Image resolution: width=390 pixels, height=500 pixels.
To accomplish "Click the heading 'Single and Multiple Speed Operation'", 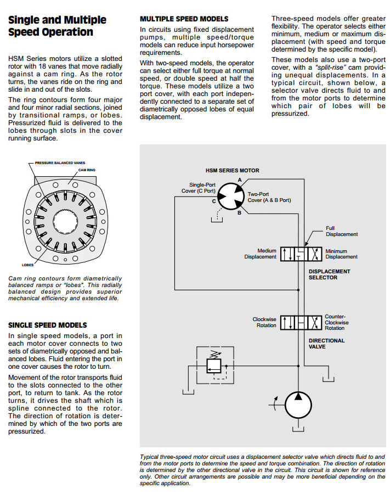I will click(x=57, y=26).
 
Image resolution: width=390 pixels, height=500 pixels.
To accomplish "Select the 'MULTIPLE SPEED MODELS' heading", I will click(x=184, y=19).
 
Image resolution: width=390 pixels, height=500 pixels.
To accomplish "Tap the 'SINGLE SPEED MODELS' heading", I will click(x=47, y=325).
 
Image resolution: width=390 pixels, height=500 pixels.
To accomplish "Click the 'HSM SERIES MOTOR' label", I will click(x=232, y=171).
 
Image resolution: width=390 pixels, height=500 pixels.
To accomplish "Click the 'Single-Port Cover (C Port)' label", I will click(x=198, y=188).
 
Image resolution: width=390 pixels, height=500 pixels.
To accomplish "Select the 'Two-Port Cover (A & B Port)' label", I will click(x=269, y=197).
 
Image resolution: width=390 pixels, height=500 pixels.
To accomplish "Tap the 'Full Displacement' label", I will click(x=341, y=231).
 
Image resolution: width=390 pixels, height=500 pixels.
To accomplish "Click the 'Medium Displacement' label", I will click(x=261, y=254).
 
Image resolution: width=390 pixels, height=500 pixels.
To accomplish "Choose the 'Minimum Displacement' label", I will click(x=341, y=254).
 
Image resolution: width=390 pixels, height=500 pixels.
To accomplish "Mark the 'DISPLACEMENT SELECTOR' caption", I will click(x=329, y=274).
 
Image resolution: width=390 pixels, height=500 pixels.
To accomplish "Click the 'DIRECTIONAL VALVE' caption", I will click(x=326, y=344).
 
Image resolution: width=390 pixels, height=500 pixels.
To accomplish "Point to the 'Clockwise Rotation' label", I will click(x=264, y=322).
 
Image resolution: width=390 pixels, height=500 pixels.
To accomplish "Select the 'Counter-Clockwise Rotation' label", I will click(x=336, y=322).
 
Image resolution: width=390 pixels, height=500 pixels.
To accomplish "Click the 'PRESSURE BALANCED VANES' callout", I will click(x=60, y=163).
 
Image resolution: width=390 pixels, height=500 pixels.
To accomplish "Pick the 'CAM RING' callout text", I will click(x=87, y=170).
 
